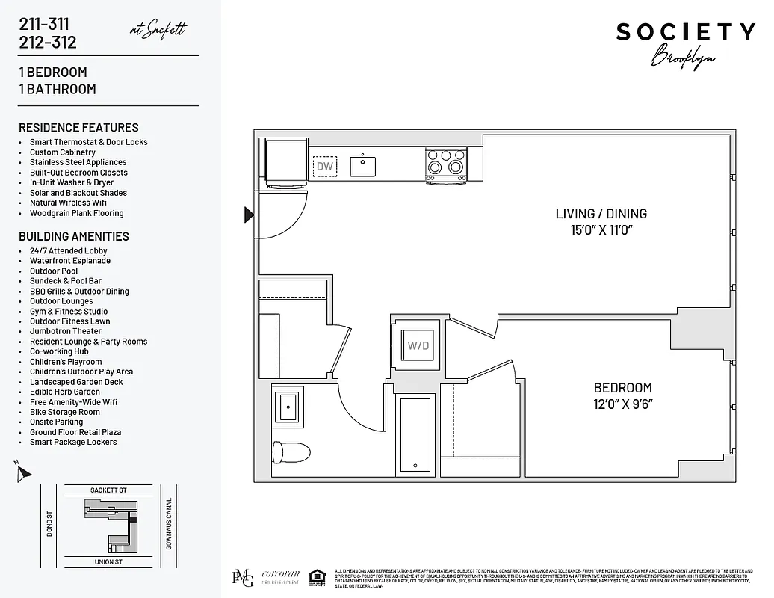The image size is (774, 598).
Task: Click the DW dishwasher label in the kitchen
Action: click(x=325, y=166)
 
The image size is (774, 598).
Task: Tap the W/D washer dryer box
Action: click(x=418, y=346)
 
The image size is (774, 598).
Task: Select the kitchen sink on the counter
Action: click(x=363, y=165)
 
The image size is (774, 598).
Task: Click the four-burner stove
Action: click(x=446, y=162)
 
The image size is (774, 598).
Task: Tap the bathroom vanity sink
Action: click(x=288, y=407)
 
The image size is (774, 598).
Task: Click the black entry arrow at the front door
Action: click(x=249, y=215)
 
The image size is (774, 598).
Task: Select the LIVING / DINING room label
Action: click(x=601, y=214)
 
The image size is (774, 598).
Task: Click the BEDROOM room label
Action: click(x=622, y=387)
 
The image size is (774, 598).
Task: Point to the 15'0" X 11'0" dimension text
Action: click(x=601, y=230)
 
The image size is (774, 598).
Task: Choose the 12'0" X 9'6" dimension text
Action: click(x=622, y=404)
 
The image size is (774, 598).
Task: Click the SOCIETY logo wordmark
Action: click(x=685, y=32)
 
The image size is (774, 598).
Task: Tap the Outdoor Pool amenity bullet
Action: click(x=54, y=271)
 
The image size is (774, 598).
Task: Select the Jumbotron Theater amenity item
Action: click(x=66, y=331)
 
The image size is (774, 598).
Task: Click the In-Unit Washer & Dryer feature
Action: click(x=72, y=182)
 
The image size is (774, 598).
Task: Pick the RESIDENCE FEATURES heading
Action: click(x=78, y=128)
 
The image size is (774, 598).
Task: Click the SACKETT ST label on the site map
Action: click(x=108, y=490)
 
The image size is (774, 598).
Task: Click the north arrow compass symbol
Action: click(x=24, y=472)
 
